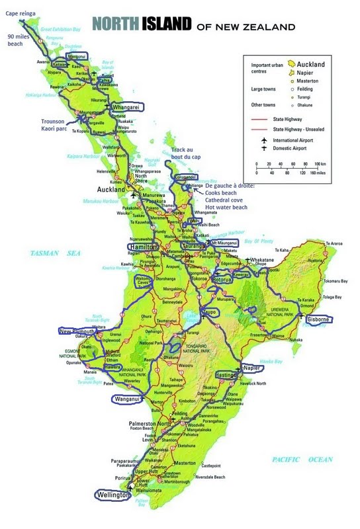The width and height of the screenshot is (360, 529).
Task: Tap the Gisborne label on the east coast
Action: click(x=317, y=319)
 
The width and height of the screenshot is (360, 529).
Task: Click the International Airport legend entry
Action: click(x=298, y=141)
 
